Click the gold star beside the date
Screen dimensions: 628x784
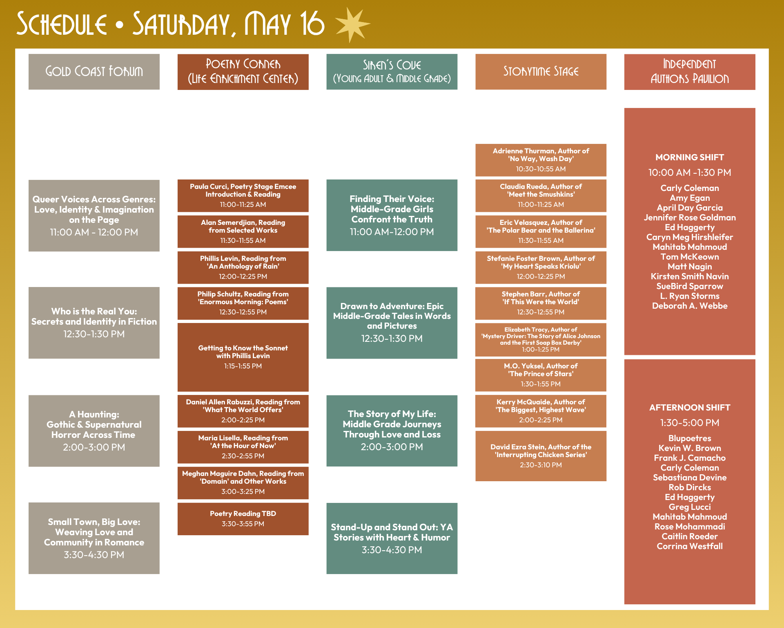point(352,25)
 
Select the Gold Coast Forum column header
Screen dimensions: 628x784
point(94,72)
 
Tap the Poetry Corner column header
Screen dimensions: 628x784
point(243,72)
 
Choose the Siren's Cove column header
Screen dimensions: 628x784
point(392,72)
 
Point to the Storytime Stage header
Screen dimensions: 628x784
point(541,72)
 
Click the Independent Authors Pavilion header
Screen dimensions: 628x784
point(690,72)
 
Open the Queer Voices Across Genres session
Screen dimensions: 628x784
point(94,215)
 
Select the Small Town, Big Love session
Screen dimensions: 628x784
point(94,538)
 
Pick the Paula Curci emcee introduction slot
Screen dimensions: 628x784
point(243,195)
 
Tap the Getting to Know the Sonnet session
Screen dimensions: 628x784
point(243,357)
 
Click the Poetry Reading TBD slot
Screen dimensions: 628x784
point(243,518)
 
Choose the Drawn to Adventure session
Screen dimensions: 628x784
point(392,323)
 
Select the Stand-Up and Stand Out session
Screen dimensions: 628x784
point(392,538)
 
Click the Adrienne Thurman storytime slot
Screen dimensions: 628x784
point(541,160)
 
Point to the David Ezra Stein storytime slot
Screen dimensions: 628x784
point(541,455)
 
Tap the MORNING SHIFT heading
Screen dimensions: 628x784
point(690,157)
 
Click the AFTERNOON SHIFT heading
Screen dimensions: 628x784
point(690,408)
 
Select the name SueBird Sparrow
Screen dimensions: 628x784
point(690,286)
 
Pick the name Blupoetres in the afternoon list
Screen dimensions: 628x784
point(690,438)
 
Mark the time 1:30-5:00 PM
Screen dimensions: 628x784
point(690,423)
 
